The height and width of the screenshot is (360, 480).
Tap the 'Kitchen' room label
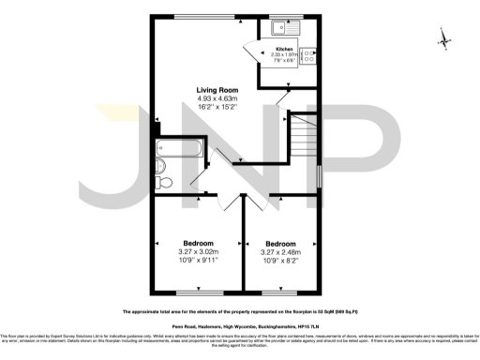coord(283,48)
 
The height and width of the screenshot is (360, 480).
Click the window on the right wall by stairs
coord(320,175)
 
